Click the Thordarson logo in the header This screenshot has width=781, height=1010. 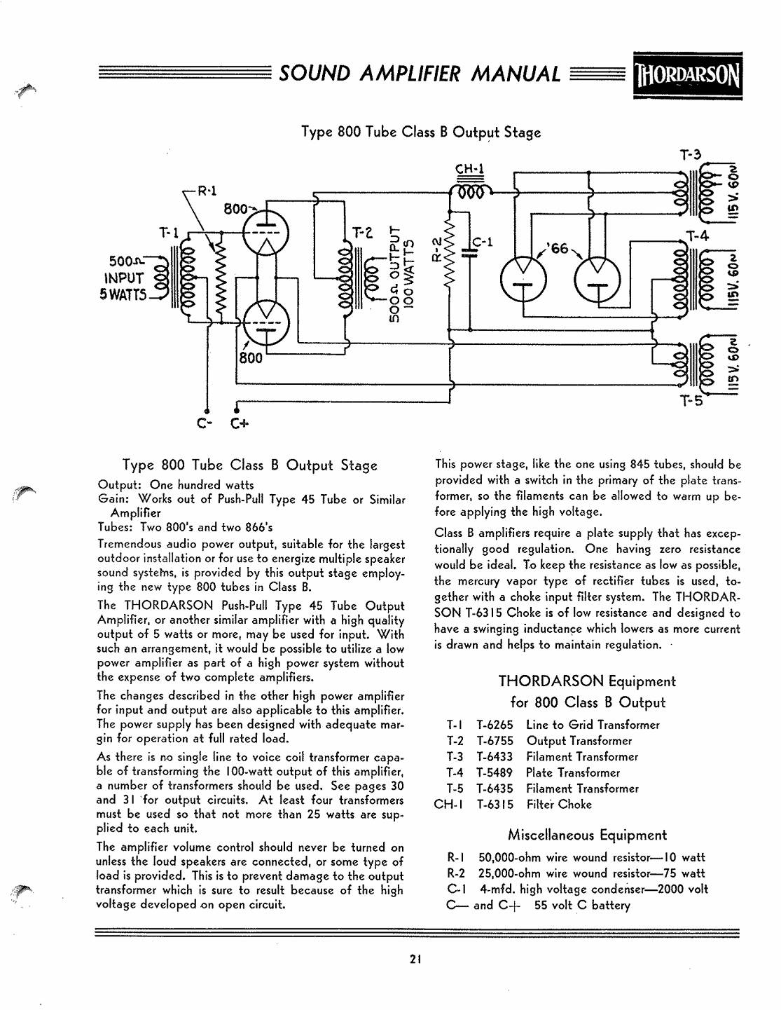[x=687, y=75]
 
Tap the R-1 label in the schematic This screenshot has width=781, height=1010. [x=207, y=190]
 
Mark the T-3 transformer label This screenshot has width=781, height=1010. [x=691, y=154]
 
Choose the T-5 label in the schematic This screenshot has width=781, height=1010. [x=692, y=400]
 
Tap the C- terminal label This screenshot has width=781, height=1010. [x=202, y=423]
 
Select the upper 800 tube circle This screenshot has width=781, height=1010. [x=265, y=233]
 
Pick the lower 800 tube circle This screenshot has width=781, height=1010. [x=265, y=323]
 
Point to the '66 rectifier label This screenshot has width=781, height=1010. [x=559, y=249]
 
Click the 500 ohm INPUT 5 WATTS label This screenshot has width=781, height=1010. [x=123, y=278]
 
